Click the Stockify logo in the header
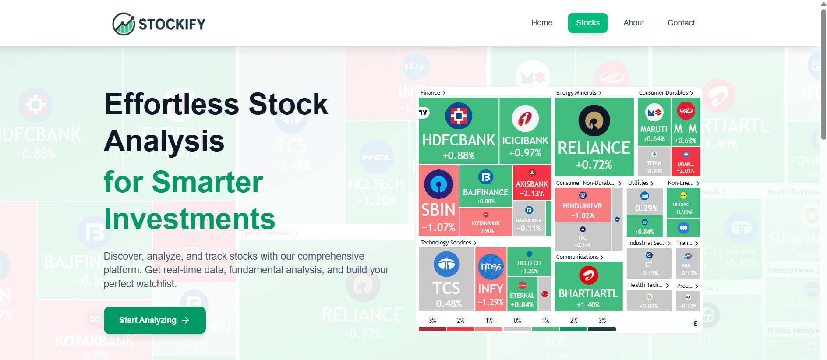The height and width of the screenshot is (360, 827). coord(159,24)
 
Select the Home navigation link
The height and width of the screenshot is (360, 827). coord(542,23)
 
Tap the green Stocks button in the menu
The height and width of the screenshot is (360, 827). coord(587,23)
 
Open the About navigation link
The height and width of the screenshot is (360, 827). coord(633,23)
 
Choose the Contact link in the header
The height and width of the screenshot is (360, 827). coord(681,23)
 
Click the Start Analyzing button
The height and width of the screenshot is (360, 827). coord(155,320)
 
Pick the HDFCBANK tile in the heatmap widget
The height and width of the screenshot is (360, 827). coord(458,131)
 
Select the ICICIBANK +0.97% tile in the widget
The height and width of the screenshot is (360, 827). coord(525,131)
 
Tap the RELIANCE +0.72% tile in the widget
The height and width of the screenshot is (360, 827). coord(594,137)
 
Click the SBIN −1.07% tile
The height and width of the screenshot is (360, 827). coord(438,201)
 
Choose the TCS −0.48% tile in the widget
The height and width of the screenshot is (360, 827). coord(446,279)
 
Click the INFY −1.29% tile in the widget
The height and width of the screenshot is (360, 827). coord(491,279)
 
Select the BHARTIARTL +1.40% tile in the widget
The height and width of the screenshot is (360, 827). coord(588,287)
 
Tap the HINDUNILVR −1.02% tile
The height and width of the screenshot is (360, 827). coord(582,205)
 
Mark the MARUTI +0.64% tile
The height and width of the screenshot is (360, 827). coord(654,122)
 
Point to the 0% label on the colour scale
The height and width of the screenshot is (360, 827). coord(517,321)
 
